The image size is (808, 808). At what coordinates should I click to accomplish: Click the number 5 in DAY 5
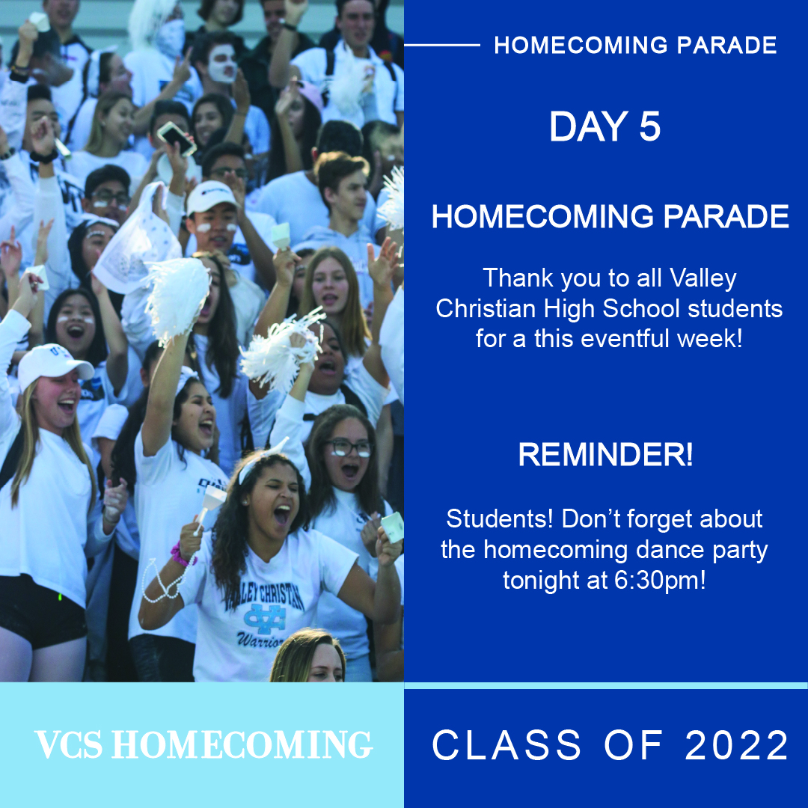[x=650, y=126]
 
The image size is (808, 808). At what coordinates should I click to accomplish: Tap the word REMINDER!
[x=605, y=455]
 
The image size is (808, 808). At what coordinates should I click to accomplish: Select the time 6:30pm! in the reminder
[x=660, y=581]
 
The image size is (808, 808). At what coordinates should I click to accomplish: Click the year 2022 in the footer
[x=737, y=745]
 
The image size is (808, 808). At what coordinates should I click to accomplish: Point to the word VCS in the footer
[x=69, y=744]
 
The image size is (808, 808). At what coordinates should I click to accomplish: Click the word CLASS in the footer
[x=506, y=745]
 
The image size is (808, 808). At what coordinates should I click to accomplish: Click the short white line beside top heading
[x=442, y=46]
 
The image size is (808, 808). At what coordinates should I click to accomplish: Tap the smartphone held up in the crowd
[x=177, y=138]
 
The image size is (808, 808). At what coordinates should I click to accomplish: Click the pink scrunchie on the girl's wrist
[x=181, y=555]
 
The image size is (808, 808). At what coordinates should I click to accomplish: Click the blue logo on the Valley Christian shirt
[x=265, y=619]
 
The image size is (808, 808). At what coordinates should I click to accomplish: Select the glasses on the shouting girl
[x=350, y=447]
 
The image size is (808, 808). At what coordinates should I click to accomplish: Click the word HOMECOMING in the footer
[x=242, y=744]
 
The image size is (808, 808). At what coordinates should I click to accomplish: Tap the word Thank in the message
[x=518, y=278]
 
